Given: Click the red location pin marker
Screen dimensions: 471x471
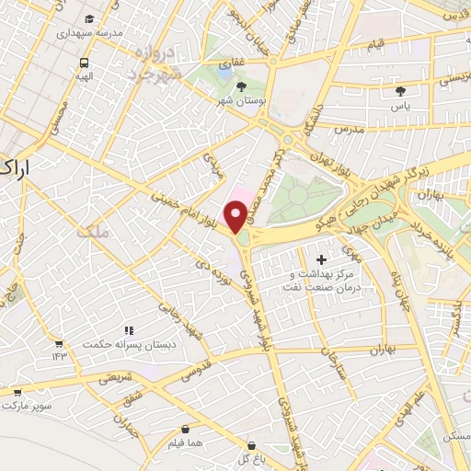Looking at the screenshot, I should tap(236, 215).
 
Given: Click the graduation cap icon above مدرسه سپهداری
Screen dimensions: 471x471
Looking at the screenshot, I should tap(87, 18).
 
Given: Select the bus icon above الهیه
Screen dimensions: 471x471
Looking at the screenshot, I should tap(84, 63).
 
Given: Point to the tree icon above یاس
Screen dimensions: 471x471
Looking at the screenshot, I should tap(400, 90).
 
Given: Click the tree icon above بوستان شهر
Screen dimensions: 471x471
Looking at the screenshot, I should tap(241, 86).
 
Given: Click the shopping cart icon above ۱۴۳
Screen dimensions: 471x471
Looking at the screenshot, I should tap(60, 343).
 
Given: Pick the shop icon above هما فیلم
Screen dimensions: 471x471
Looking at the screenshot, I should tap(187, 429).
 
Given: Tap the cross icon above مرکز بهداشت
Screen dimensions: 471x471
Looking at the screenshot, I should tap(321, 260).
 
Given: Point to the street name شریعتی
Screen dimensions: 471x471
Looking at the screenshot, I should tap(116, 376).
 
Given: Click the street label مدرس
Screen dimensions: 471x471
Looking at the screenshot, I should tap(350, 131).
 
